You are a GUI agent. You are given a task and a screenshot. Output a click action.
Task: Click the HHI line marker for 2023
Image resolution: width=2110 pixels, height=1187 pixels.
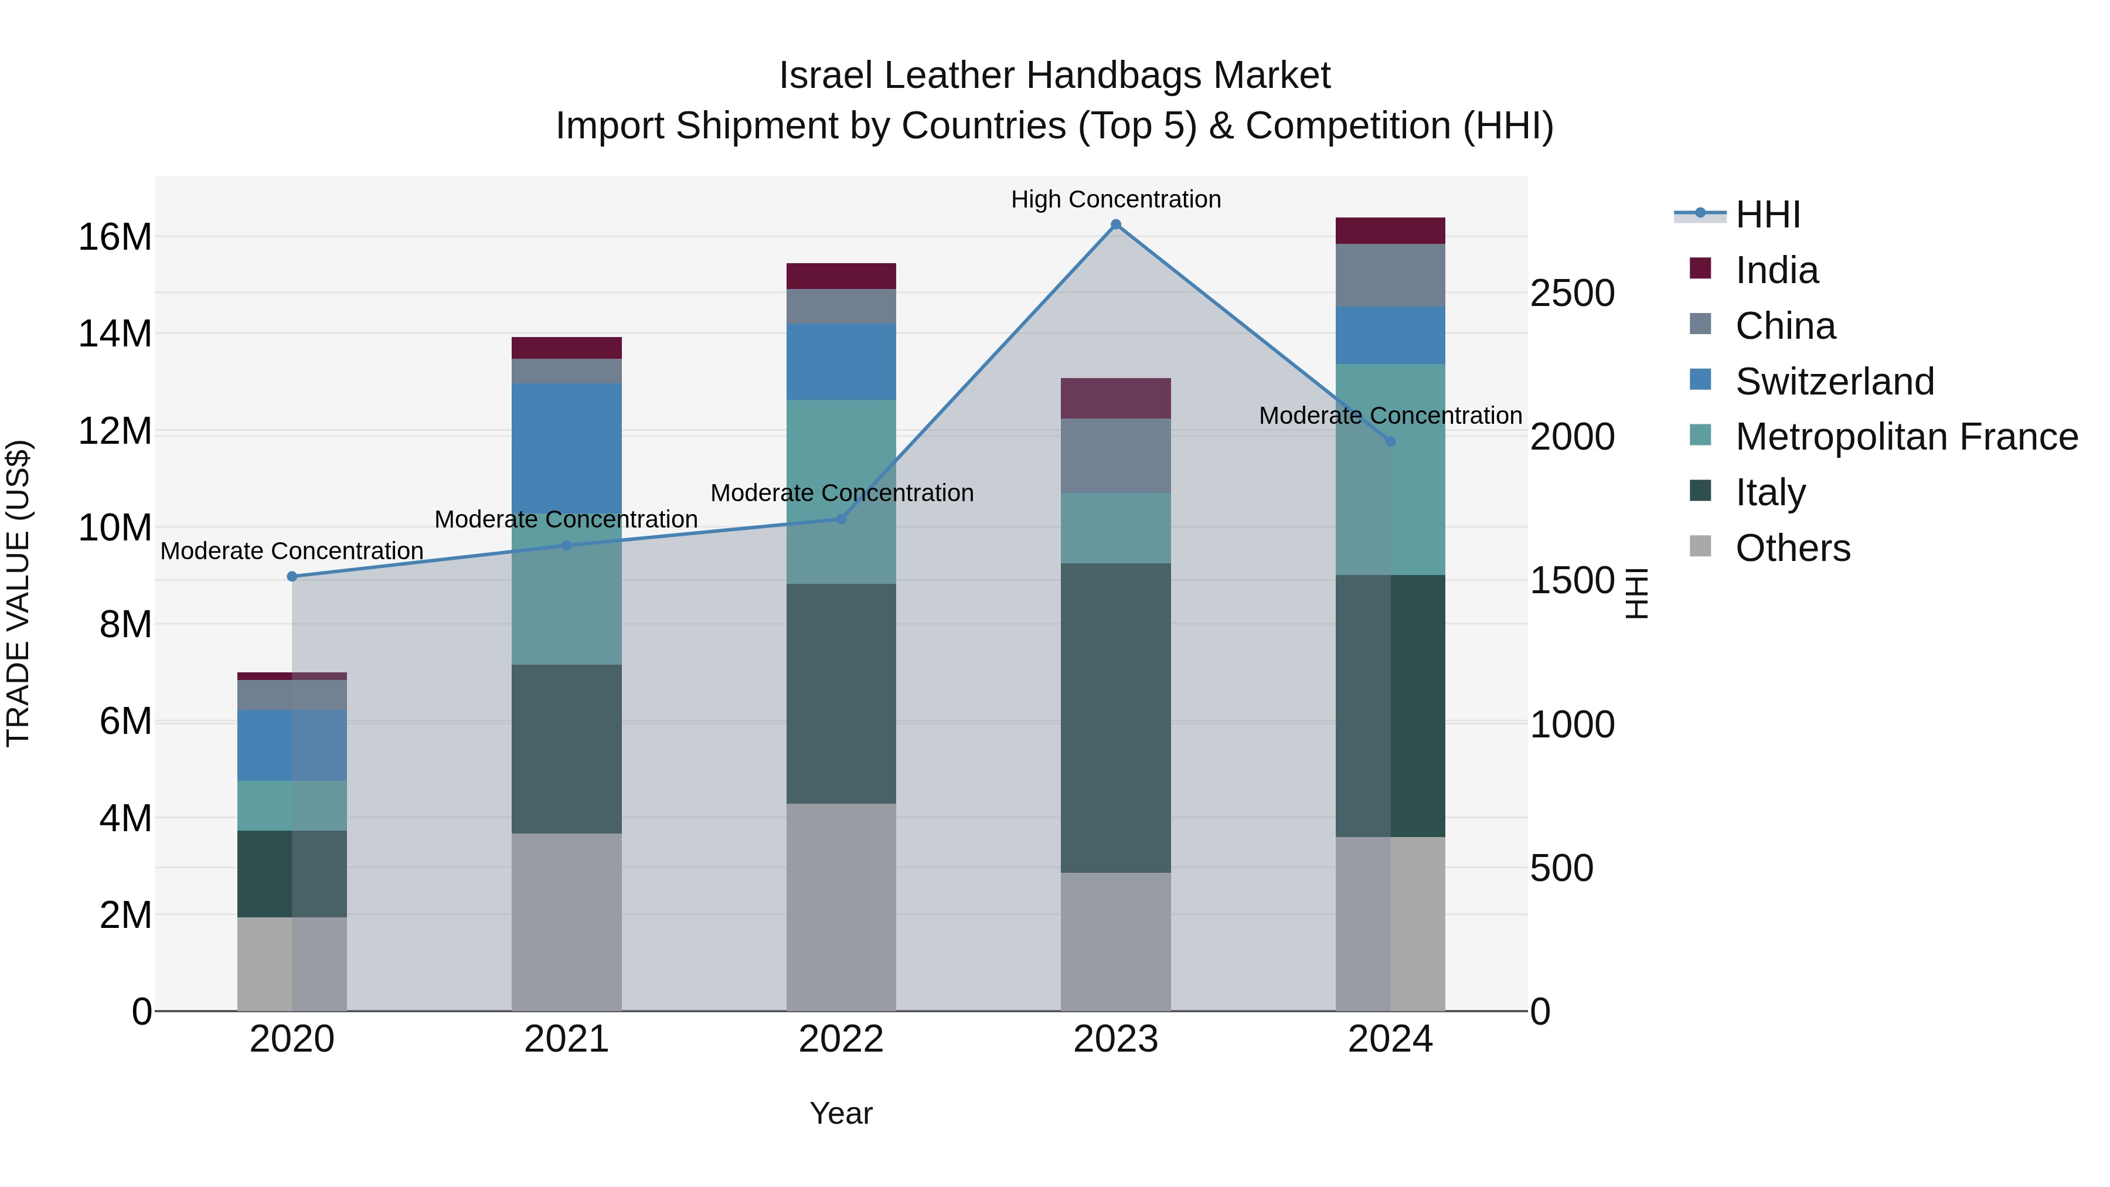[x=1115, y=225]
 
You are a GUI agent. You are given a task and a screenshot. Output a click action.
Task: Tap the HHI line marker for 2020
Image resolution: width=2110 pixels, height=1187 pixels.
[x=292, y=577]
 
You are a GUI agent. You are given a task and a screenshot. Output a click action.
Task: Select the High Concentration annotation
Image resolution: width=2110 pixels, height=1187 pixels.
[x=1115, y=199]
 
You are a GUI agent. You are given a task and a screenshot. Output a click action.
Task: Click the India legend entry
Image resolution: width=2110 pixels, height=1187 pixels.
[x=1776, y=270]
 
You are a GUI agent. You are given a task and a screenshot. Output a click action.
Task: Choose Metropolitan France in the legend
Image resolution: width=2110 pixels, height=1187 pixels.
[x=1906, y=437]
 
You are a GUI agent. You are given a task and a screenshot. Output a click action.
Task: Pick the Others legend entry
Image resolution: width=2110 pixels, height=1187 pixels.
[x=1792, y=548]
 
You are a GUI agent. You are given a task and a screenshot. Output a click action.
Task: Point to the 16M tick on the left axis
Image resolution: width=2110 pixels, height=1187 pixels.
[x=115, y=237]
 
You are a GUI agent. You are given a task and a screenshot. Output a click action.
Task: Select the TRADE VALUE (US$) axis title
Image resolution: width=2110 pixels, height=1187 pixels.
[x=19, y=593]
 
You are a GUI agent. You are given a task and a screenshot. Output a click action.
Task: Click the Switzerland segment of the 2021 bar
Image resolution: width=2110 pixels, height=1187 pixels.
[x=567, y=447]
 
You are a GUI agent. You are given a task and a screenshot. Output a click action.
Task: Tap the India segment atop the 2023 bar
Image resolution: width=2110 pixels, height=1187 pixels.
[x=1115, y=398]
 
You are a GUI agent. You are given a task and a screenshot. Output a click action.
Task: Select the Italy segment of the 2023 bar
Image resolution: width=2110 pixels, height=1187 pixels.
[x=1115, y=717]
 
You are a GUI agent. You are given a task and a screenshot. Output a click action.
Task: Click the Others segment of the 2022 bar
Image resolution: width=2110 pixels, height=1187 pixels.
[x=841, y=907]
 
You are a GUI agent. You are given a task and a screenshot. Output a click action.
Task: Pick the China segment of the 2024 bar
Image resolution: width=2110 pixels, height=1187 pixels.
[x=1390, y=276]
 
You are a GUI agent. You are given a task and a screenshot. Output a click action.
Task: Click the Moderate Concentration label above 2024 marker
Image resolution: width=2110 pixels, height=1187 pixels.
[x=1390, y=416]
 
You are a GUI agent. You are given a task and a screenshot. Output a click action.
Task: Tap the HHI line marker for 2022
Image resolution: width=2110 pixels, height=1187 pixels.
[x=841, y=519]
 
